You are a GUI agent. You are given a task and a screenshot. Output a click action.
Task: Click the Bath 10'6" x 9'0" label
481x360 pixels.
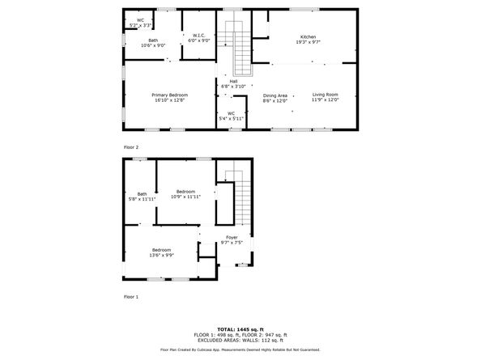(152, 42)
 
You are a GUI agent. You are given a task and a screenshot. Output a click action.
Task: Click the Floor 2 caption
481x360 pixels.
(131, 147)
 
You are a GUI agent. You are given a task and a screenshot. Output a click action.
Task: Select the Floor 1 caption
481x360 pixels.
(131, 297)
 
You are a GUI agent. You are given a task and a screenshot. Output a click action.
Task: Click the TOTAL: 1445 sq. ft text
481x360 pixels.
(240, 329)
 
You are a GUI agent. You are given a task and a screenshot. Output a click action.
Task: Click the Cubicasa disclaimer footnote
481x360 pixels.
(240, 349)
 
